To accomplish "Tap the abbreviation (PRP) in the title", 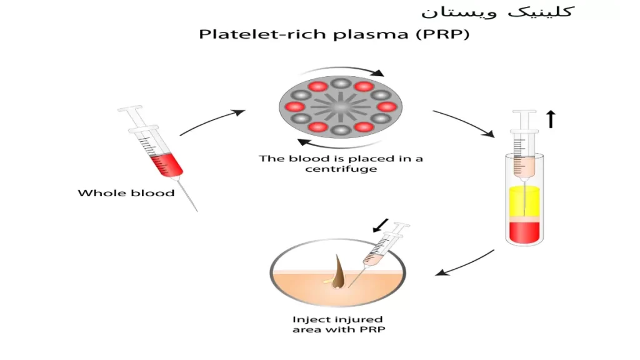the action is click(x=443, y=34).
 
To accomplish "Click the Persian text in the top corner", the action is click(x=497, y=11).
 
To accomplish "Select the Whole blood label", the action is click(x=126, y=193).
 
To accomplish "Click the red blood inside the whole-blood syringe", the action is click(x=166, y=164).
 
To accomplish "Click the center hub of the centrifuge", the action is click(x=341, y=107).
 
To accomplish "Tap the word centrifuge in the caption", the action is click(x=341, y=169).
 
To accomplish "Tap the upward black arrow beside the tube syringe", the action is click(x=551, y=119).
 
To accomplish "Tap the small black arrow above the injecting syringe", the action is click(x=381, y=226).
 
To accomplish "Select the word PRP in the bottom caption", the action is click(x=372, y=329).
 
